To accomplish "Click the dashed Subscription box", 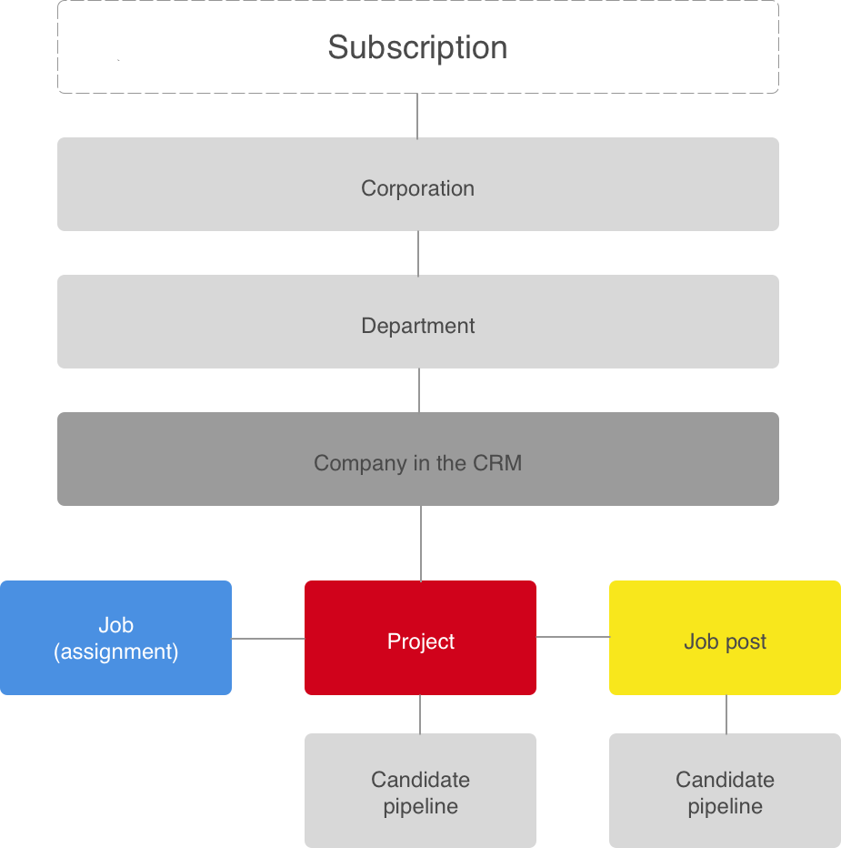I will click(417, 47).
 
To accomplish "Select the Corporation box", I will click(417, 184).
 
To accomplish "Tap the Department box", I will click(417, 321).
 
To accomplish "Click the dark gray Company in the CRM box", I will click(417, 459).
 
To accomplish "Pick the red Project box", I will click(420, 638).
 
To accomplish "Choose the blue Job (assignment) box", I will click(115, 638).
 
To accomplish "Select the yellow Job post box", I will click(725, 638).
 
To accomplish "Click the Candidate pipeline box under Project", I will click(420, 790).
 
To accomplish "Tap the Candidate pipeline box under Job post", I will click(725, 790).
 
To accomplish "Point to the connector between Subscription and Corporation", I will click(417, 116).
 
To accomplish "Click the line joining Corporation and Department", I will click(418, 253).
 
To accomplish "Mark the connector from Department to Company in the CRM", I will click(419, 390).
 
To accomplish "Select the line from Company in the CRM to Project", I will click(420, 543).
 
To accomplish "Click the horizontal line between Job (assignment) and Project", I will click(268, 639).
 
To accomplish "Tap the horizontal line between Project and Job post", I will click(573, 637).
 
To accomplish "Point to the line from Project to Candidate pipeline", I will click(420, 714).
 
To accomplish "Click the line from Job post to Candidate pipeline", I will click(726, 714).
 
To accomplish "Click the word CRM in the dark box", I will click(497, 463).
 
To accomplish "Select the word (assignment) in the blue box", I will click(115, 652).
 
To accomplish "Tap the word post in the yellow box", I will click(746, 642).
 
